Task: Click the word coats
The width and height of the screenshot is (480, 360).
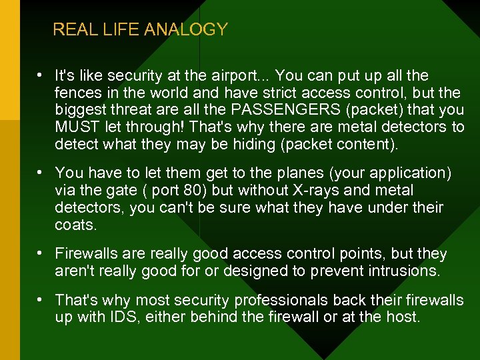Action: click(75, 225)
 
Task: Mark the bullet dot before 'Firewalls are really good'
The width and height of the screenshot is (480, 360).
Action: click(41, 254)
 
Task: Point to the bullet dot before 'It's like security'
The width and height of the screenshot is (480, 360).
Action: click(41, 75)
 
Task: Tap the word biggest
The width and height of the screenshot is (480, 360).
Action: click(81, 110)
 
